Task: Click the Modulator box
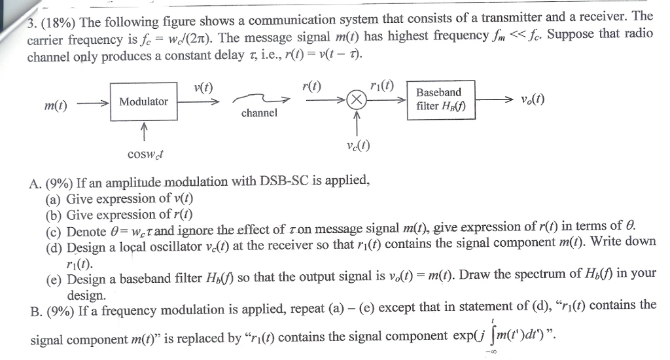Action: pyautogui.click(x=143, y=101)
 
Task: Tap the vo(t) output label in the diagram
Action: pyautogui.click(x=533, y=99)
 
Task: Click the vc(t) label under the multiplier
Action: pyautogui.click(x=357, y=146)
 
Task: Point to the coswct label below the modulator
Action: pyautogui.click(x=145, y=154)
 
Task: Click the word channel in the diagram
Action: pyautogui.click(x=259, y=113)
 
